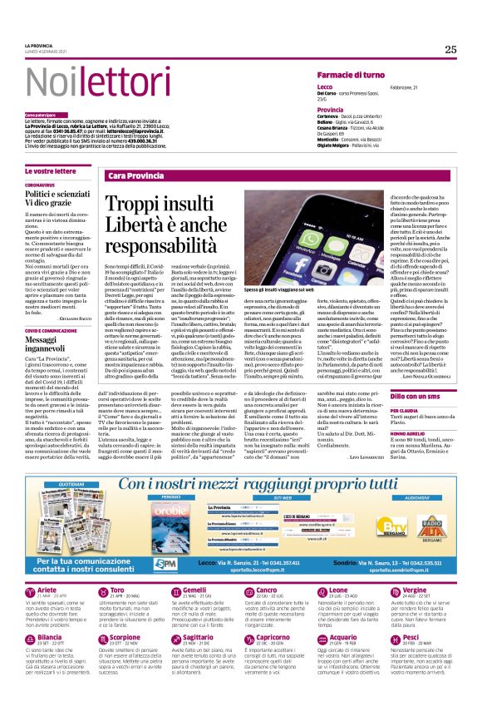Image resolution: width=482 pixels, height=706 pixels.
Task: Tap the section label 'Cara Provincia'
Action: pos(135,176)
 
